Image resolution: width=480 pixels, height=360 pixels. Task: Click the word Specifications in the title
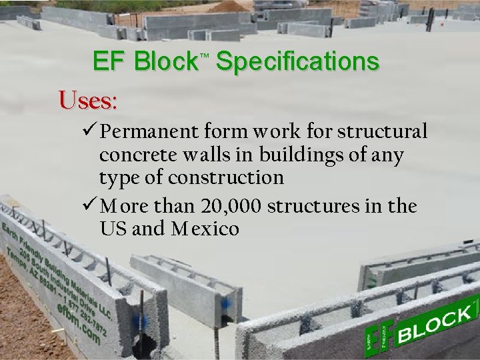tap(297, 63)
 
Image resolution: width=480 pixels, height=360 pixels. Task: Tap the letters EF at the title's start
tap(110, 63)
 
